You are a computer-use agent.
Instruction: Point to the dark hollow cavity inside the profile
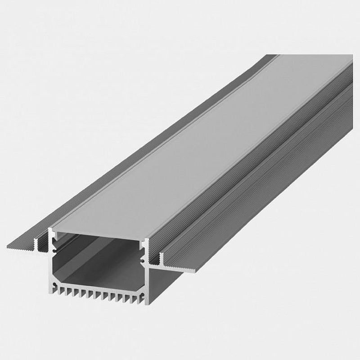pyautogui.click(x=90, y=256)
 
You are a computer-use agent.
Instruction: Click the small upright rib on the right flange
pyautogui.click(x=160, y=259)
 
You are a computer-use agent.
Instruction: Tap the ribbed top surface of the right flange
pyautogui.click(x=252, y=189)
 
